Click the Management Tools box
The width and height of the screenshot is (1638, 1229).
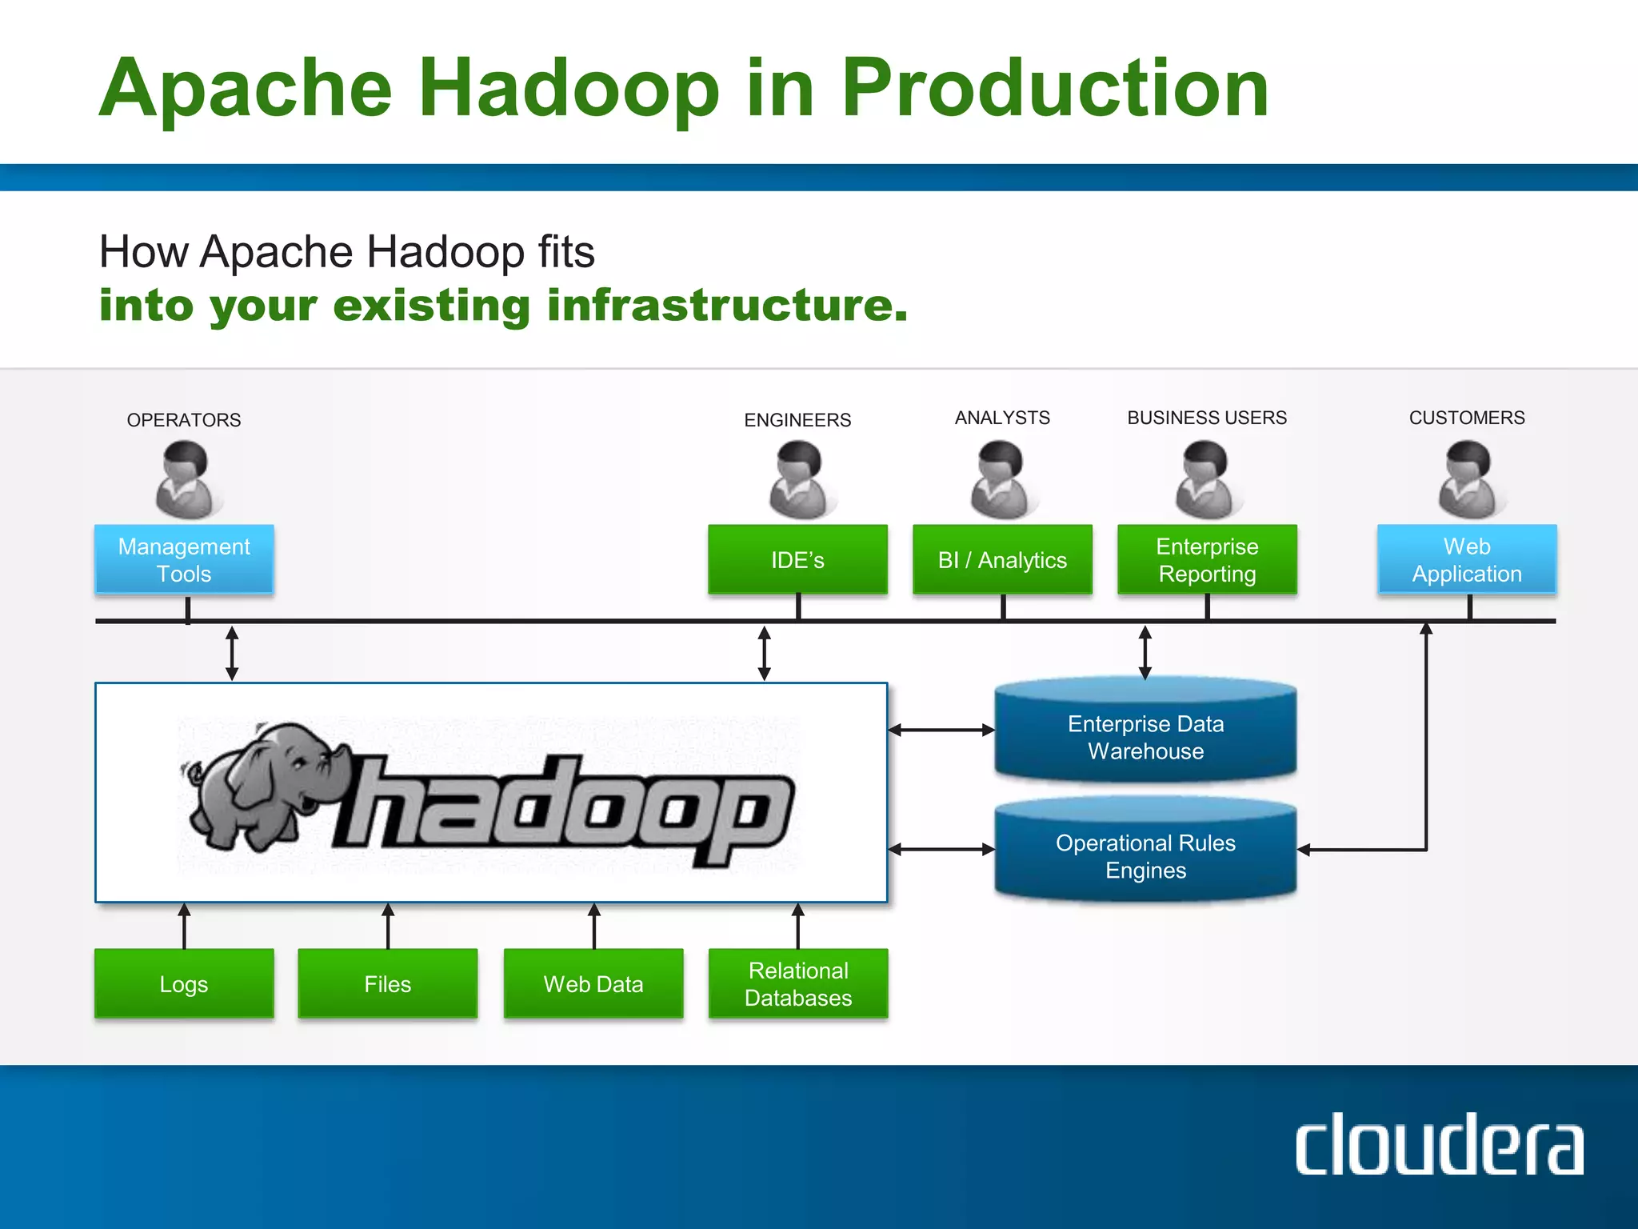point(184,560)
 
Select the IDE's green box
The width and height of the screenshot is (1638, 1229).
point(797,560)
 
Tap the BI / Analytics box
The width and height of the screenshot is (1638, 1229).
point(1002,560)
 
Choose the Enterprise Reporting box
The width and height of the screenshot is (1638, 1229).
point(1207,560)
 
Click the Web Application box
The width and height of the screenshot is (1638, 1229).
point(1467,560)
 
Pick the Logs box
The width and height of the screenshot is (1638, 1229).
point(184,983)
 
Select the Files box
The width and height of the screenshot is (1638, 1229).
point(388,983)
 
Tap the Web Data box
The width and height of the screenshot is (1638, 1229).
point(593,983)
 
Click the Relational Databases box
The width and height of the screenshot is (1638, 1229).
point(798,983)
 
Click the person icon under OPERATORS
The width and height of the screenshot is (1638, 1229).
point(186,481)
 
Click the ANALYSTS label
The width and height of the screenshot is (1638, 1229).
point(1002,418)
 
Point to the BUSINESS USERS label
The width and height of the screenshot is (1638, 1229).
point(1207,418)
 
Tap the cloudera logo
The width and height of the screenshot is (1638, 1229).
point(1439,1144)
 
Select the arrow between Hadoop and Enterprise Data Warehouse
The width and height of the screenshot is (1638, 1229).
point(941,730)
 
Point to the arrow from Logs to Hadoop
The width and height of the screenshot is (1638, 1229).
point(184,926)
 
